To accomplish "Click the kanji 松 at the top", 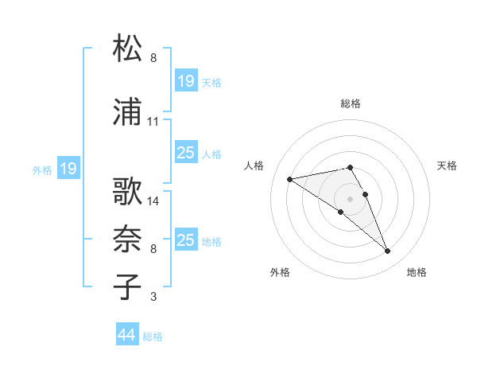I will coord(128,49).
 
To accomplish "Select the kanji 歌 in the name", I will coord(128,191).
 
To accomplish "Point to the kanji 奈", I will coord(128,238).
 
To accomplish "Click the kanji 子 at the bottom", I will coord(128,286).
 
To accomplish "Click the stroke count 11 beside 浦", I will coord(153,122).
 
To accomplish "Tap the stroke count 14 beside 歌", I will coord(153,201).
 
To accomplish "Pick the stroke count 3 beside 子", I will coord(153,297).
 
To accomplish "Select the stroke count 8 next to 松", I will coord(153,58).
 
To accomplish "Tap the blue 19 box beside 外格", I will coord(68,169).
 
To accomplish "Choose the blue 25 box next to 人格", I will coord(185,154).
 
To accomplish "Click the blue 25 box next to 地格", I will coord(185,240).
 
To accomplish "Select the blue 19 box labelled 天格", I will coord(185,81).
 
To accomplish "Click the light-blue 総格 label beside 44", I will coord(153,337).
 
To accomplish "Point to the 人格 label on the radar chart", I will coord(254,166).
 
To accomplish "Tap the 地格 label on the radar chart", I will coord(417,272).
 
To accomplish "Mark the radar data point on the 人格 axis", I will coord(290,178).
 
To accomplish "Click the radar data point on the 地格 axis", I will coord(388,251).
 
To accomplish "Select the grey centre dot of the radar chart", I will coord(350,198).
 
